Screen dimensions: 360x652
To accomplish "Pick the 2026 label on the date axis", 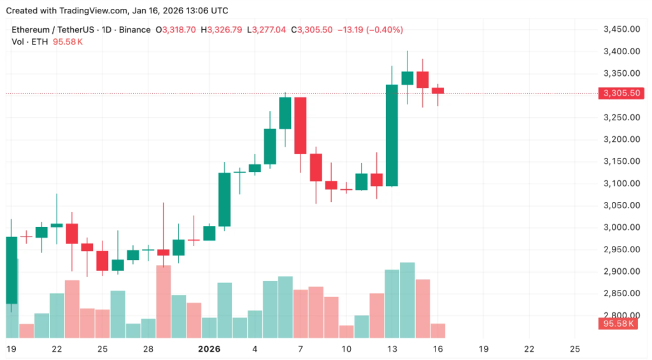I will (x=209, y=349).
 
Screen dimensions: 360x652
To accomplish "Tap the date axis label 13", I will (x=392, y=349).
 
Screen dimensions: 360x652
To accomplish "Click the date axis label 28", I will (x=148, y=349).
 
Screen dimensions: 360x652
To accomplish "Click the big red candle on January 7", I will (x=301, y=126).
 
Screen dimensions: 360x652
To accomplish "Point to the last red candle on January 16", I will (x=437, y=91).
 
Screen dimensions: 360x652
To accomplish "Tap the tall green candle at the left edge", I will (x=11, y=270).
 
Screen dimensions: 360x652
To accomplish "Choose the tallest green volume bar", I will (x=407, y=299).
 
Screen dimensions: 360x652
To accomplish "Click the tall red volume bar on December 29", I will (x=164, y=301).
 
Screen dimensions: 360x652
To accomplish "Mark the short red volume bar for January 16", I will (x=437, y=330).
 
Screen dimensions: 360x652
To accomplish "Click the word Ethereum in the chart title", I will (x=32, y=30).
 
